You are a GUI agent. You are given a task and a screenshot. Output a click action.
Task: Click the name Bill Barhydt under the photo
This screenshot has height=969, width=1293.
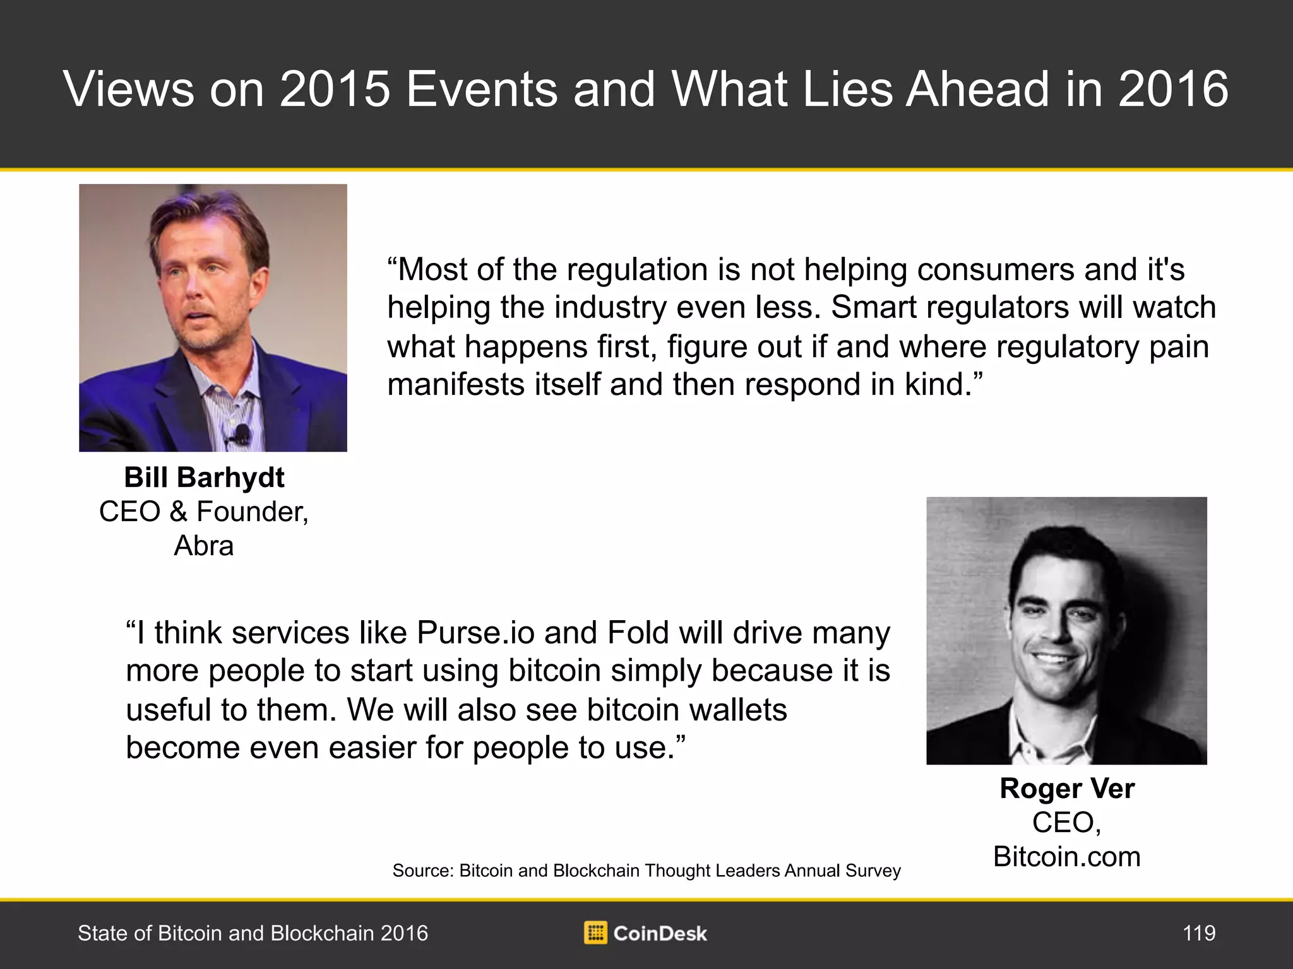[x=204, y=478]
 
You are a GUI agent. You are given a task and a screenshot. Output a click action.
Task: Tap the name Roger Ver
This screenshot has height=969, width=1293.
[x=1067, y=789]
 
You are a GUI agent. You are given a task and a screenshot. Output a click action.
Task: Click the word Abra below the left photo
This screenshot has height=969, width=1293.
[x=203, y=546]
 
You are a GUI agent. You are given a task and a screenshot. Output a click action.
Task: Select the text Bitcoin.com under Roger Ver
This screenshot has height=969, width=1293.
[x=1067, y=857]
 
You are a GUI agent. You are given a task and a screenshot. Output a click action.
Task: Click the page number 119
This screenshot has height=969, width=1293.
[x=1199, y=933]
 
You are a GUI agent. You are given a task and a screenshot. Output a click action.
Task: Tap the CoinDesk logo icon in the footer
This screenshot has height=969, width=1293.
[x=595, y=933]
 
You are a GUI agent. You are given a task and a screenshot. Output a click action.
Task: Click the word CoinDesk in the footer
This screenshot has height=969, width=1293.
[x=660, y=934]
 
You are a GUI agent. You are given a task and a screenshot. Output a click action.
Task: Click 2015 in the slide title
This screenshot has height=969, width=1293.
[x=335, y=89]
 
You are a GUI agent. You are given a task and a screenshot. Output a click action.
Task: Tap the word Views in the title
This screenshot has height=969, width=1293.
[x=129, y=89]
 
